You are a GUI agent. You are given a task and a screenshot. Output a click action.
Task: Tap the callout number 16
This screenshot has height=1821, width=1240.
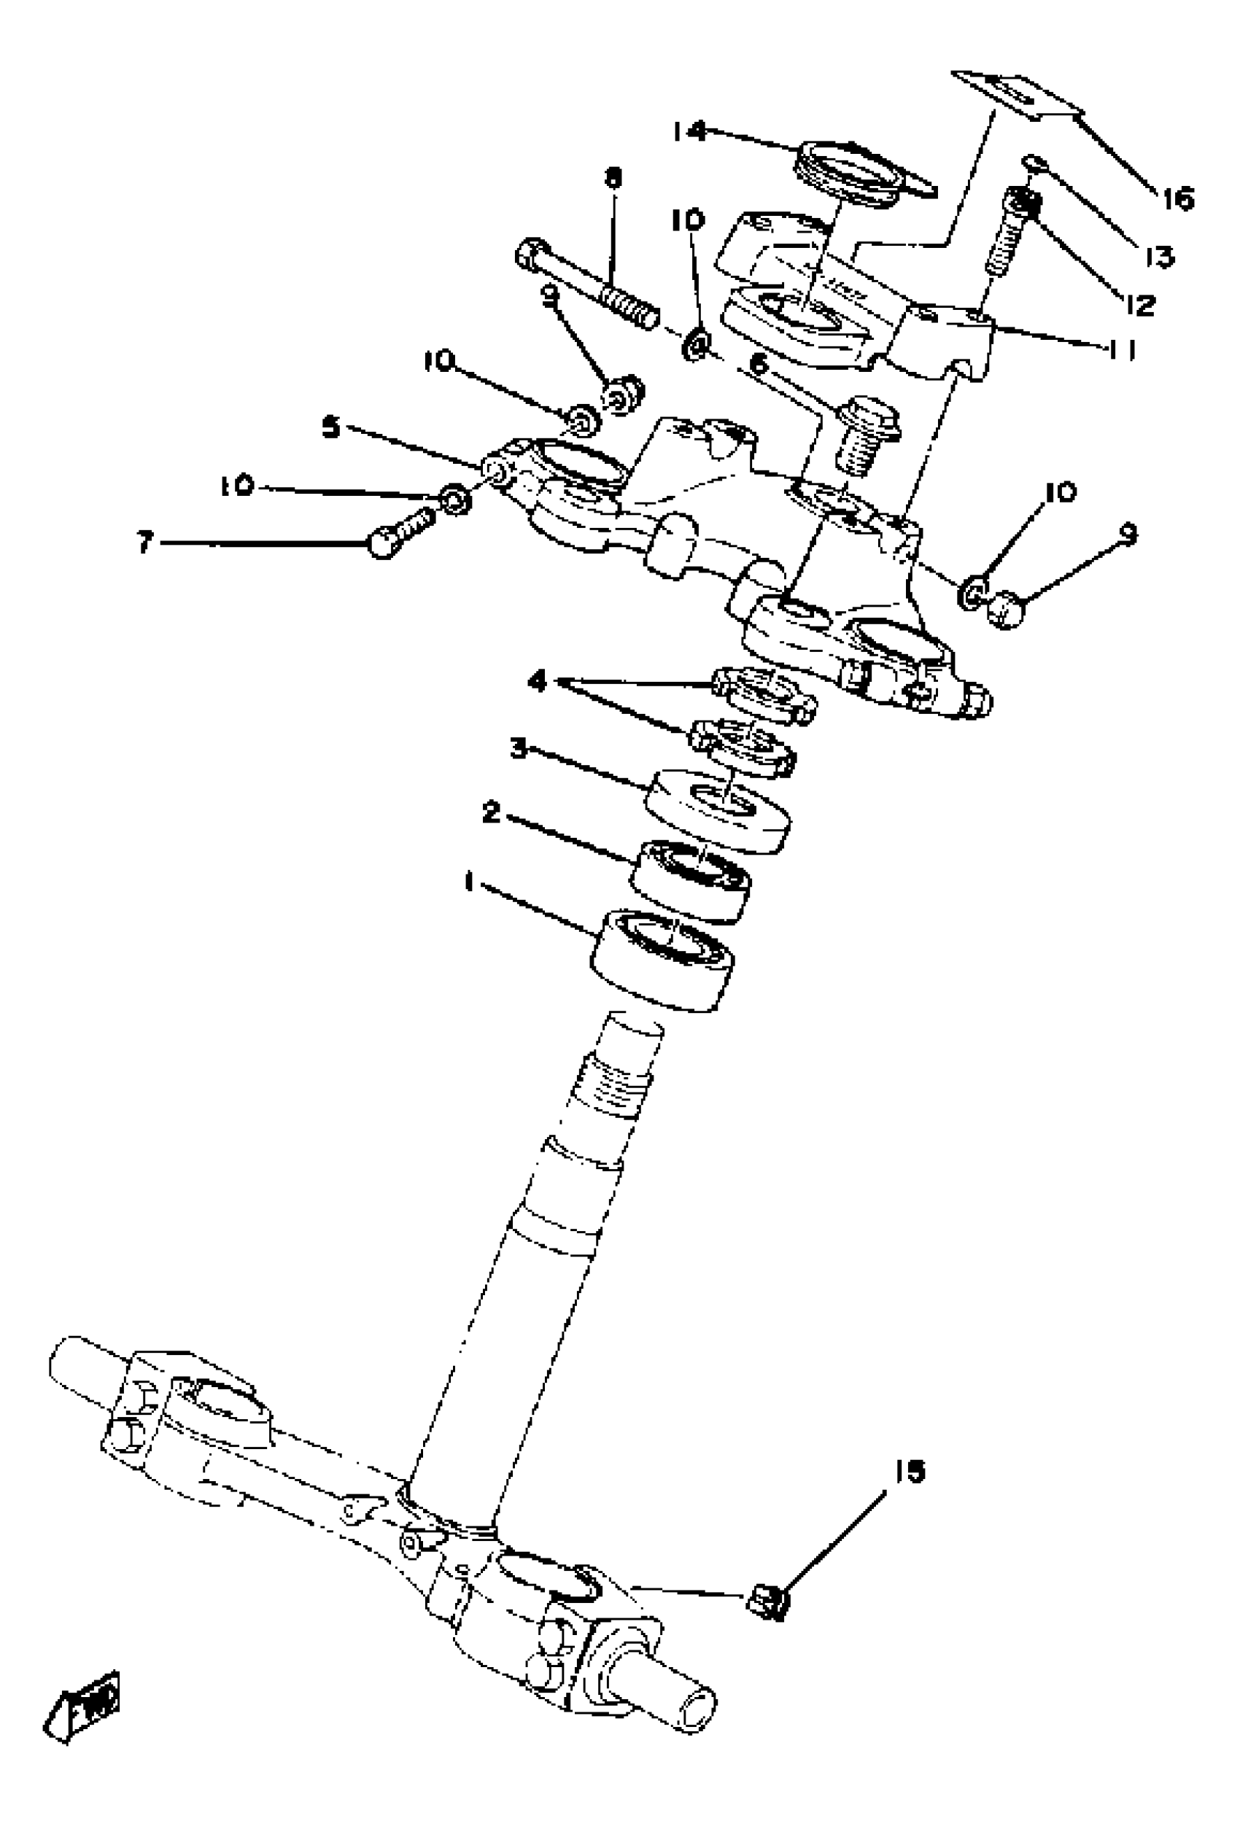click(x=1177, y=198)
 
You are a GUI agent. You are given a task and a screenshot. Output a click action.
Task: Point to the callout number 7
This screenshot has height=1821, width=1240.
click(x=144, y=543)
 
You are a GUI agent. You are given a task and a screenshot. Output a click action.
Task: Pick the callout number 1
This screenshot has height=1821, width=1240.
click(x=469, y=883)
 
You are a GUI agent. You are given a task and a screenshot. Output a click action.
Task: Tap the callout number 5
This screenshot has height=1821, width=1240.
click(x=332, y=428)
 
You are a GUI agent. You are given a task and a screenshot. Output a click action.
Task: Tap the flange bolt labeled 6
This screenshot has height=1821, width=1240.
click(x=866, y=435)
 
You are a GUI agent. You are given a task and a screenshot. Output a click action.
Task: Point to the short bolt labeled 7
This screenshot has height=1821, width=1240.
click(x=400, y=530)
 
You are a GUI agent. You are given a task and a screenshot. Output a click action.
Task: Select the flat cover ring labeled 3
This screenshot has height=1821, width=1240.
click(x=717, y=809)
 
